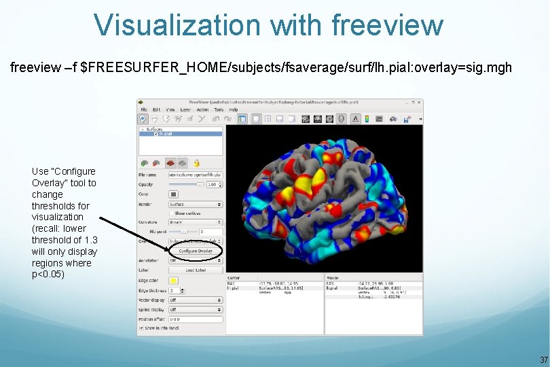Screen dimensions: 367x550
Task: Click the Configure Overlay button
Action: click(x=196, y=251)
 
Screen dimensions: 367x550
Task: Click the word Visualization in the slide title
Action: click(x=177, y=25)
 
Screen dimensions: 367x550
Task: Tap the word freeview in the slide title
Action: click(x=387, y=25)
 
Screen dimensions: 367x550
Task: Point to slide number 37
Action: click(x=543, y=360)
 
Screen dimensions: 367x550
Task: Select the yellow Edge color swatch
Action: click(x=173, y=280)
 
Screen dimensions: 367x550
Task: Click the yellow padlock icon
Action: click(x=196, y=163)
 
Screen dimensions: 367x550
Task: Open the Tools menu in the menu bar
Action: click(x=219, y=109)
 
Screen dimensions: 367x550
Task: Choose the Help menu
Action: click(x=234, y=109)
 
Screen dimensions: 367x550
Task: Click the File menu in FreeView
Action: click(x=144, y=109)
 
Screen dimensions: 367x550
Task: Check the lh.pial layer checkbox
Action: click(x=156, y=134)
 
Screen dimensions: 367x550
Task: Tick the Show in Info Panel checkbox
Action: click(x=141, y=328)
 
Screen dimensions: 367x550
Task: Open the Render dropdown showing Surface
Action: click(x=196, y=204)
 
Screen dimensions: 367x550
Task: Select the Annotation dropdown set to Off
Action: click(x=196, y=260)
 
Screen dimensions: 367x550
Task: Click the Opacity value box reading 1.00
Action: click(x=213, y=184)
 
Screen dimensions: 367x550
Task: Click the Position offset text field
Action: click(x=196, y=319)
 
